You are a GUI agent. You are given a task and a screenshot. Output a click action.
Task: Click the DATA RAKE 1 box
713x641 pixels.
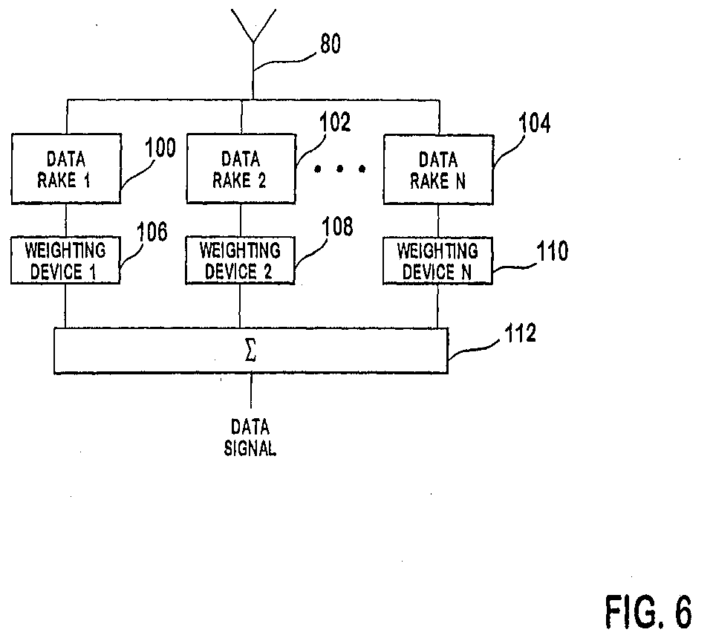tap(66, 169)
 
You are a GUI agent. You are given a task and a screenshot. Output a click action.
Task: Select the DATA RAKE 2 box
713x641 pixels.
tap(241, 168)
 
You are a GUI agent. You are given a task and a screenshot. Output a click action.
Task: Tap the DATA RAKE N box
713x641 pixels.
tap(438, 169)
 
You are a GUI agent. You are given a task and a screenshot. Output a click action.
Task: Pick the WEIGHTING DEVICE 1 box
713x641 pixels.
tap(65, 260)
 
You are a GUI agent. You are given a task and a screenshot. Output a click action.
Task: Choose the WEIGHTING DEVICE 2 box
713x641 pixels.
tap(240, 260)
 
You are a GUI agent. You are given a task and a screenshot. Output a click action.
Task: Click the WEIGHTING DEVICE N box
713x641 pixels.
tap(437, 261)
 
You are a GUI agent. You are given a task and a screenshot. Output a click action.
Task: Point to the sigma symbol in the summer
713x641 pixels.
tap(250, 351)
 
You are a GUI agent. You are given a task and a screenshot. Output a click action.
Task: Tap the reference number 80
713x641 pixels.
tap(331, 44)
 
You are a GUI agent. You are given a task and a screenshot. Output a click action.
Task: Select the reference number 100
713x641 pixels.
tap(160, 148)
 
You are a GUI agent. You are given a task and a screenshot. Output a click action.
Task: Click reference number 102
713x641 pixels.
tap(335, 122)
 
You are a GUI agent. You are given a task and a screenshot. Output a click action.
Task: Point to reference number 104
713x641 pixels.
tap(535, 123)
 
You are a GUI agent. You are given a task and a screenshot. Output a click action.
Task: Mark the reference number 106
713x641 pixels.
tap(152, 232)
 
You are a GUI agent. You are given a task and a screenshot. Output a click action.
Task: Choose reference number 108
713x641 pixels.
tap(337, 226)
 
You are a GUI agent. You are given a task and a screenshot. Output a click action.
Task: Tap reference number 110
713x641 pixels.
tap(553, 251)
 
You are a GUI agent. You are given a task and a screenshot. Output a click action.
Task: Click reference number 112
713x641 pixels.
tap(521, 333)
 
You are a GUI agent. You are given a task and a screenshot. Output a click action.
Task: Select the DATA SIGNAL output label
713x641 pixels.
tap(250, 437)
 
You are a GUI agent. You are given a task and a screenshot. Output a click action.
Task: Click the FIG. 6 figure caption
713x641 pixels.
tap(649, 611)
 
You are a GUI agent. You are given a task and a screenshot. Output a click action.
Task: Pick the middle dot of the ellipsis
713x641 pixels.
tap(339, 169)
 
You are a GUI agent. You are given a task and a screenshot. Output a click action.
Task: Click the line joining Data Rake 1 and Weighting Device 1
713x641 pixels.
tap(66, 220)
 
